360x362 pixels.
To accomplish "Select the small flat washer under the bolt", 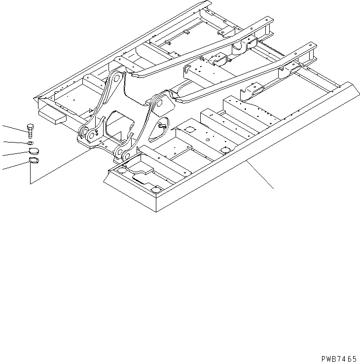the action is [31, 143].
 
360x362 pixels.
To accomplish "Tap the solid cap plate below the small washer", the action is [33, 151].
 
